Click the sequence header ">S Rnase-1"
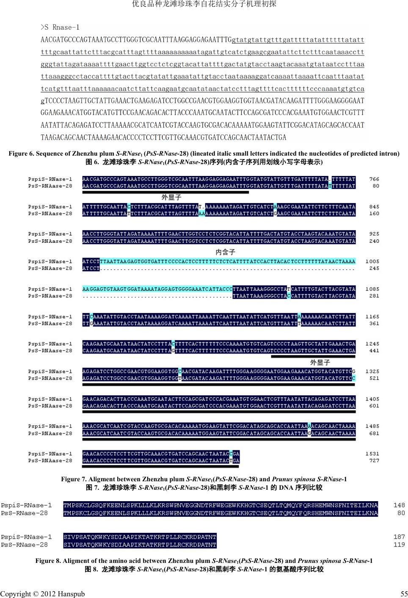60,27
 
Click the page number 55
404,594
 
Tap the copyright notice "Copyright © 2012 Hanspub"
42,594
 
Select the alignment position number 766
374,179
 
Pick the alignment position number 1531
372,454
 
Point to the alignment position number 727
374,461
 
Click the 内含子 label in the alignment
225,252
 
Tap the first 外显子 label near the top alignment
171,198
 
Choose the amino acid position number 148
399,505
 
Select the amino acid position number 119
399,545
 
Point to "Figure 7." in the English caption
74,479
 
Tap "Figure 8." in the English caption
48,561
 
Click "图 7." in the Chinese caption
92,488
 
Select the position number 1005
372,261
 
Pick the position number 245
374,268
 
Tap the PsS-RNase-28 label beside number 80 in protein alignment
25,513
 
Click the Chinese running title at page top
204,4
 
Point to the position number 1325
372,371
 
